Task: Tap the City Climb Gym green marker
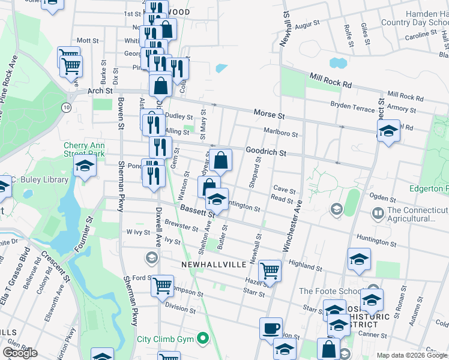point(203,339)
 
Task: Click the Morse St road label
point(268,113)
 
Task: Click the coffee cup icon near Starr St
point(271,329)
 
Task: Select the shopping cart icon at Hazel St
point(270,271)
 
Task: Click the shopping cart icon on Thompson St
point(162,286)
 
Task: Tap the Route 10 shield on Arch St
point(65,107)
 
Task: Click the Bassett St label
point(197,210)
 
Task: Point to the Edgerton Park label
point(429,188)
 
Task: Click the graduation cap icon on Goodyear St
point(217,199)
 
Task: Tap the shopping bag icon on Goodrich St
point(221,160)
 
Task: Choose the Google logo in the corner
point(20,353)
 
